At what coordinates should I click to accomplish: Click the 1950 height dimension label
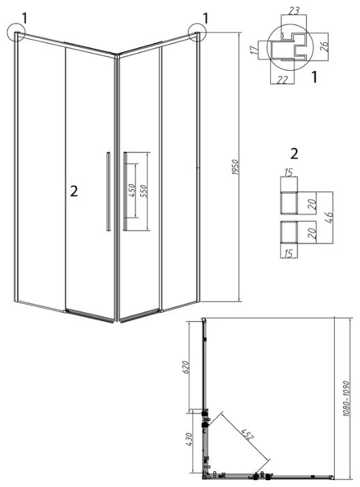(x=235, y=167)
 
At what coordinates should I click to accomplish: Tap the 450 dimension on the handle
(x=131, y=190)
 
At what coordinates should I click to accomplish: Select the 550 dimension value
(x=143, y=191)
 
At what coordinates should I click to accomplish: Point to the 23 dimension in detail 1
(x=293, y=11)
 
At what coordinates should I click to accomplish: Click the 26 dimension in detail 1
(x=324, y=46)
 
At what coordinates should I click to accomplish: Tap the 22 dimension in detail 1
(x=282, y=80)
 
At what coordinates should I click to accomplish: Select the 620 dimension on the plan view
(x=185, y=367)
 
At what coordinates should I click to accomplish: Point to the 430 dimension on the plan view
(x=189, y=439)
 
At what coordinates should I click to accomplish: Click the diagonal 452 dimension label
(x=248, y=434)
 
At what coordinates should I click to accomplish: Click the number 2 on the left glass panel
(x=73, y=191)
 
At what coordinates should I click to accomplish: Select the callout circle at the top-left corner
(x=14, y=33)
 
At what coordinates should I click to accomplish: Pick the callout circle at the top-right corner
(x=197, y=32)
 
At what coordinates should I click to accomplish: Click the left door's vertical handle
(x=108, y=191)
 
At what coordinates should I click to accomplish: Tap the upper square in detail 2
(x=289, y=203)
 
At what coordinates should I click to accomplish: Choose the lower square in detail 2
(x=289, y=232)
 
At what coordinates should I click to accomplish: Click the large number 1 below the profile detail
(x=314, y=77)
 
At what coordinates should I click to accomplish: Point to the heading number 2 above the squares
(x=294, y=154)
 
